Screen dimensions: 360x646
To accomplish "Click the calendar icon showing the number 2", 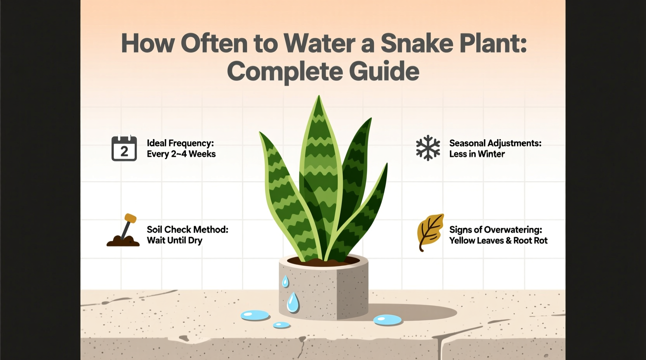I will pyautogui.click(x=124, y=148).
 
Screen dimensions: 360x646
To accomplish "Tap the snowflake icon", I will pyautogui.click(x=428, y=148).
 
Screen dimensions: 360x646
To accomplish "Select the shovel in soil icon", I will pyautogui.click(x=123, y=231).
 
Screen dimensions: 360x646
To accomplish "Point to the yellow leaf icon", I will pyautogui.click(x=430, y=232).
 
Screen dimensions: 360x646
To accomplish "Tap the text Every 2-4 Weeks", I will pyautogui.click(x=181, y=154).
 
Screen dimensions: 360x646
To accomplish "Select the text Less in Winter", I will pyautogui.click(x=477, y=154).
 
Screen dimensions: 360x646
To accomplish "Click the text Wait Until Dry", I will pyautogui.click(x=174, y=241).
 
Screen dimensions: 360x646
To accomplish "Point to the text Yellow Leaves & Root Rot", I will pyautogui.click(x=498, y=241).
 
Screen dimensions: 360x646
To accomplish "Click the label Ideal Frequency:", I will pyautogui.click(x=180, y=143).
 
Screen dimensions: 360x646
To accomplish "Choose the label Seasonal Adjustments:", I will pyautogui.click(x=495, y=143).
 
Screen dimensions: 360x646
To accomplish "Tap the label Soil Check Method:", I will pyautogui.click(x=187, y=230).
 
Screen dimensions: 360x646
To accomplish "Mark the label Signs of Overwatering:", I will pyautogui.click(x=495, y=230).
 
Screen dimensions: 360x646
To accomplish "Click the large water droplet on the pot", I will pyautogui.click(x=293, y=303).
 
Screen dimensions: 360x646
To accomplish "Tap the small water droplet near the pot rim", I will pyautogui.click(x=285, y=282).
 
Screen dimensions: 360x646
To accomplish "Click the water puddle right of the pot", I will pyautogui.click(x=387, y=320).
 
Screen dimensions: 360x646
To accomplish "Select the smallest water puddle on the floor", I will pyautogui.click(x=281, y=325).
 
